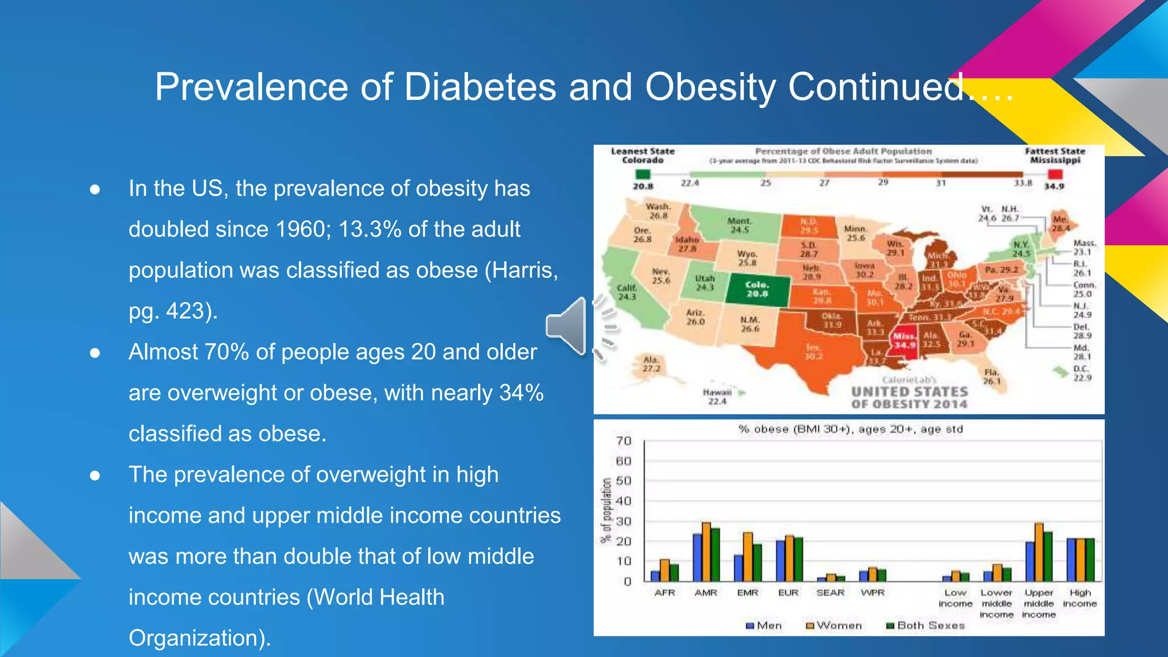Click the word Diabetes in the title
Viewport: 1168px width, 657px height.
click(480, 87)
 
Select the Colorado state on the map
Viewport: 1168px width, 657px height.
click(757, 290)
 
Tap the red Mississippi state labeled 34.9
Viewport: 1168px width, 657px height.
click(904, 341)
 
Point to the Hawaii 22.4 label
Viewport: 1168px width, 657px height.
click(717, 397)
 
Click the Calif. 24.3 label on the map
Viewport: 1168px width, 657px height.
click(627, 293)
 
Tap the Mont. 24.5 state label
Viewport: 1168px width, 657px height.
click(739, 225)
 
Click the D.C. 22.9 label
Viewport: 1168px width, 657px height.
click(1082, 374)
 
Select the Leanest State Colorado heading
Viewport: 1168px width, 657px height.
click(642, 156)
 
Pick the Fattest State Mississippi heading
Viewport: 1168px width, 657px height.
click(1055, 156)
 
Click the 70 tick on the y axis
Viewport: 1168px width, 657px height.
click(624, 441)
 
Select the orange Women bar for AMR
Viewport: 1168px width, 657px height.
click(706, 551)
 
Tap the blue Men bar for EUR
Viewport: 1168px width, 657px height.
click(780, 561)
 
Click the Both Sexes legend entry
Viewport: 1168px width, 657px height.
click(925, 626)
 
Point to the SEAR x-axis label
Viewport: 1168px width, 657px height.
click(830, 593)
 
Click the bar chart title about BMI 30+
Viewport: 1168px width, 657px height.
click(850, 429)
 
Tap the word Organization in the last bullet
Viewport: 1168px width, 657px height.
click(196, 638)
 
